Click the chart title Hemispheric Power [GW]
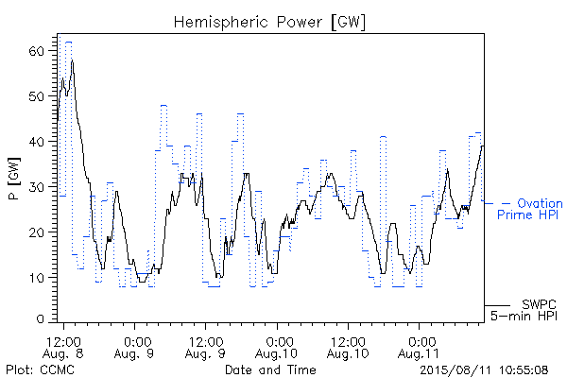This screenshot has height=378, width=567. [x=269, y=23]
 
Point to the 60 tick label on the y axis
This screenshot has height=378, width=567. [x=36, y=51]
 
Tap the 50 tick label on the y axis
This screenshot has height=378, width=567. [x=36, y=96]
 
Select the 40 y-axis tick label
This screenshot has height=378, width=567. [x=36, y=142]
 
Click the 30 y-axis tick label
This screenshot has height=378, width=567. [x=36, y=187]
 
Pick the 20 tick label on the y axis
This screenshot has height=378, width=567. [x=36, y=232]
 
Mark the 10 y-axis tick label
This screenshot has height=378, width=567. [x=36, y=278]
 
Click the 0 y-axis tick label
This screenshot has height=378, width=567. [x=40, y=319]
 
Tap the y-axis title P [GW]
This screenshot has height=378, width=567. [x=14, y=179]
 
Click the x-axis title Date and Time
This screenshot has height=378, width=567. [x=270, y=369]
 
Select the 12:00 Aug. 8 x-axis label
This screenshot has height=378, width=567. [x=63, y=348]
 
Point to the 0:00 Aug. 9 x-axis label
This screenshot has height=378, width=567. [x=134, y=348]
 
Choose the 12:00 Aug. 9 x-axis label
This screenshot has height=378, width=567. [x=205, y=348]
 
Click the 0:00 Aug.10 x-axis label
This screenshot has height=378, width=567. [x=277, y=348]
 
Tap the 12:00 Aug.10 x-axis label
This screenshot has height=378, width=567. [x=348, y=348]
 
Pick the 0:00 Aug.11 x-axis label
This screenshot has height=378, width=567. [x=419, y=348]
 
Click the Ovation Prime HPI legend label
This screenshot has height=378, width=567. [x=530, y=209]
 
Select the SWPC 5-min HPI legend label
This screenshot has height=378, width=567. [x=524, y=310]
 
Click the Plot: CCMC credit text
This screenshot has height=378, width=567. [x=40, y=369]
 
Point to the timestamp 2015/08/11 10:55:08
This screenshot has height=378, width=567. [x=484, y=370]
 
